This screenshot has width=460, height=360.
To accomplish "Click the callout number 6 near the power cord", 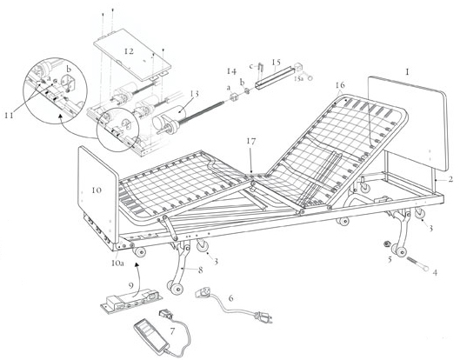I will (230, 298).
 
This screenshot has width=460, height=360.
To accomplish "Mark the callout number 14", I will (231, 70).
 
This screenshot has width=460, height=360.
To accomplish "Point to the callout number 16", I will (339, 85).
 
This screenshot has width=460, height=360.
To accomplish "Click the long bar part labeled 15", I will (270, 79).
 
